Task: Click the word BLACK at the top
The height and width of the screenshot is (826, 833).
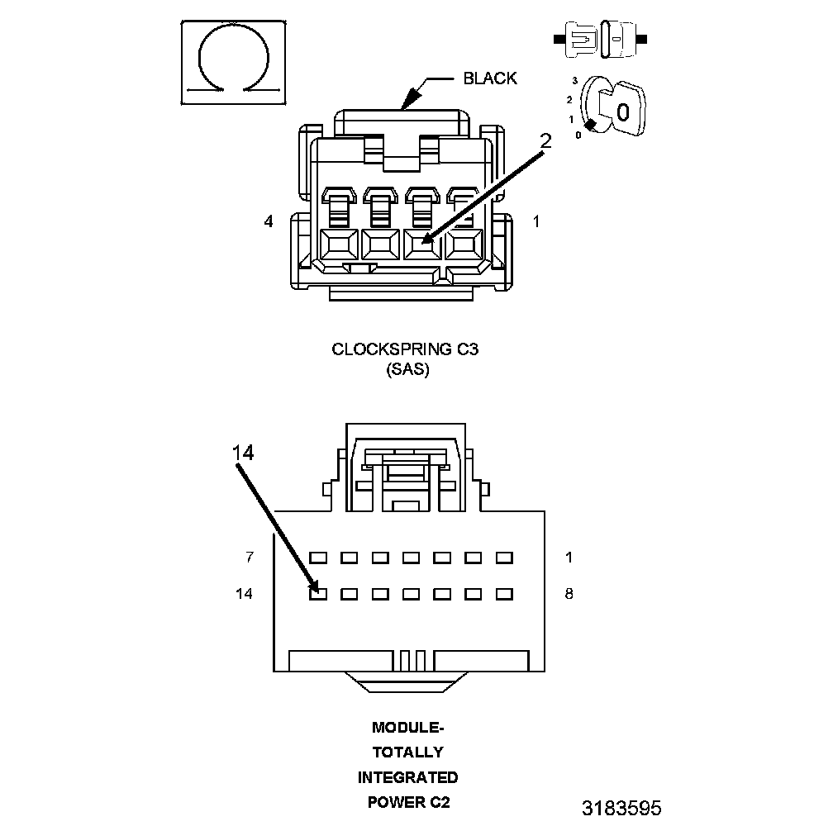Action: point(489,78)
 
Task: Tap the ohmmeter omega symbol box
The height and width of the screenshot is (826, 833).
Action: point(234,63)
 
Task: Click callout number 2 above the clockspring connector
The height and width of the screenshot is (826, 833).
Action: point(545,141)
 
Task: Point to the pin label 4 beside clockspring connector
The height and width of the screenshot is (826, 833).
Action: point(269,222)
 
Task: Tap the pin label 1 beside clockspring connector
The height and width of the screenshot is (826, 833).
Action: point(536,221)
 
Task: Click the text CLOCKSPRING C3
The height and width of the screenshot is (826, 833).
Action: point(405,349)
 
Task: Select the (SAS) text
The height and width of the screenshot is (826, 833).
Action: point(407,370)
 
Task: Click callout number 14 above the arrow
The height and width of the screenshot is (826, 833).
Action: point(243,452)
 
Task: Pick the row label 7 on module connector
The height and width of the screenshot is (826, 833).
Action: point(250,558)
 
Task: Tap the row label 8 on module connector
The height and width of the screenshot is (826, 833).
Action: point(569,593)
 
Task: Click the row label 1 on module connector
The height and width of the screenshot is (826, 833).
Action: point(569,558)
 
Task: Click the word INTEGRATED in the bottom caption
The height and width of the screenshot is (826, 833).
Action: point(407,777)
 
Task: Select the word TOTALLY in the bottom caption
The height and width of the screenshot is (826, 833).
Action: point(407,752)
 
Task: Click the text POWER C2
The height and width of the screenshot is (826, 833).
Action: point(407,802)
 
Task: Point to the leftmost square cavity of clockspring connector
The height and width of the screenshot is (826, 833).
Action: point(337,245)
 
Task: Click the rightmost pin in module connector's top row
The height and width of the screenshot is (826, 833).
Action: point(504,558)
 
